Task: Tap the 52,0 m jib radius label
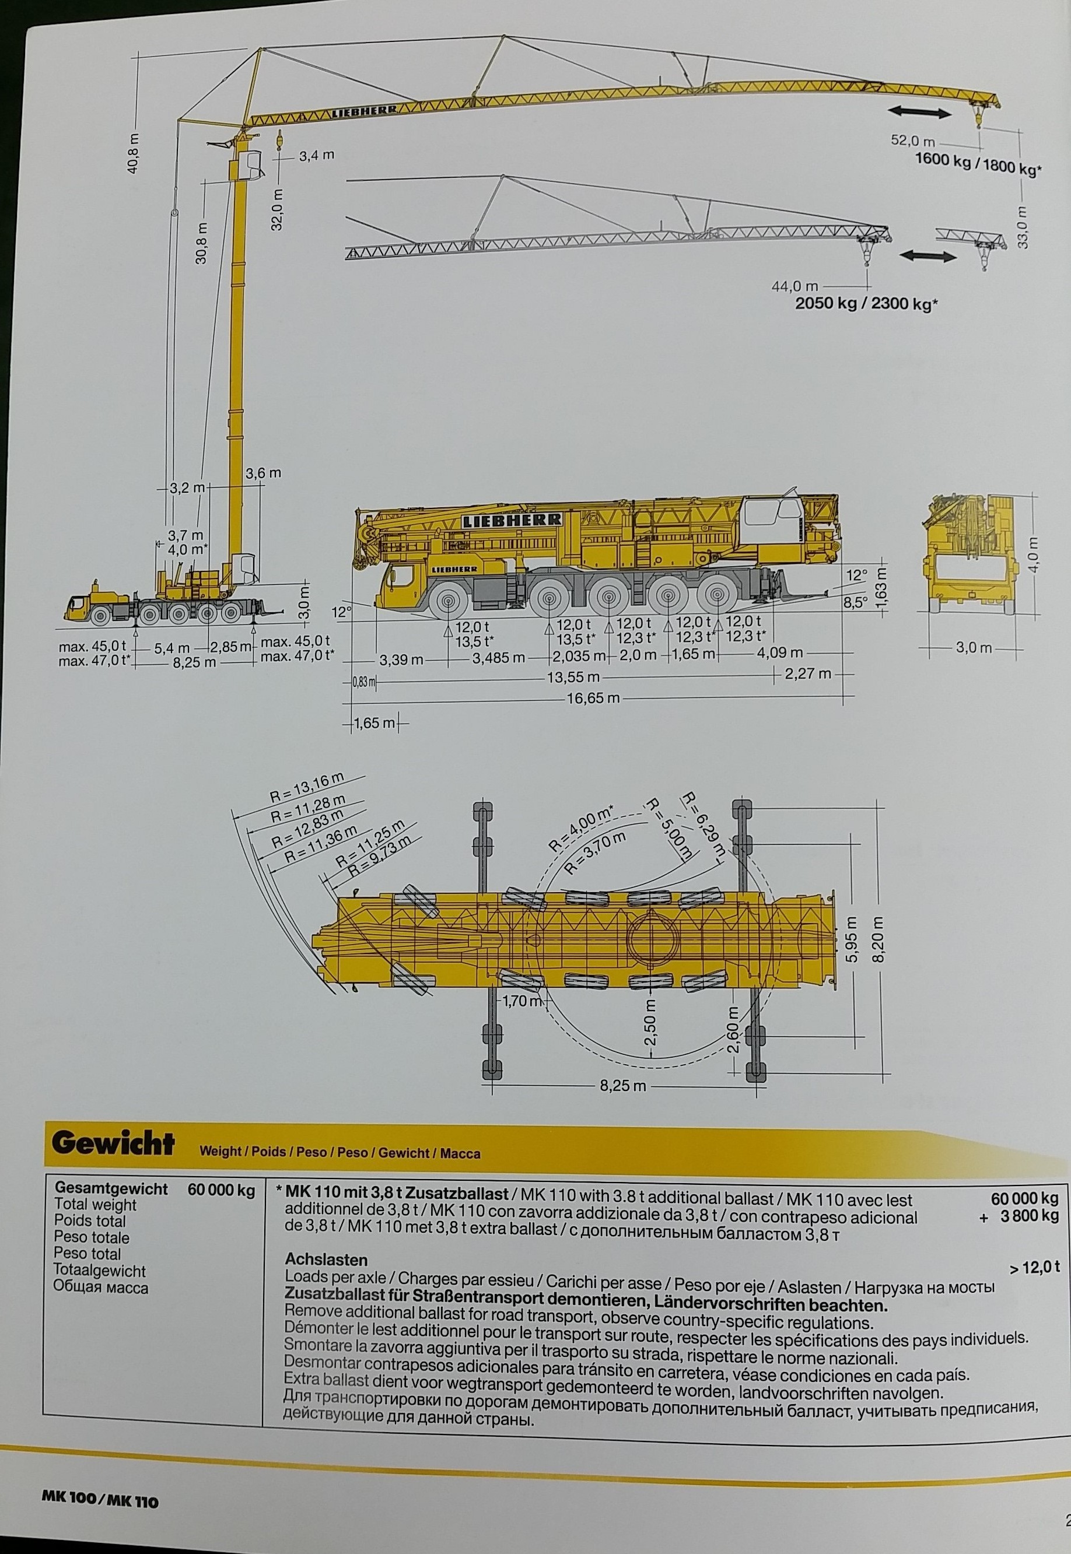coord(914,142)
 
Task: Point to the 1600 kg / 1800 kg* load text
coord(978,164)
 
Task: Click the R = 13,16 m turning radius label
coord(306,787)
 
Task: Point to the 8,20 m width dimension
coord(880,939)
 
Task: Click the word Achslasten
coord(325,1260)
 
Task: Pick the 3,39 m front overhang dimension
coord(401,658)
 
